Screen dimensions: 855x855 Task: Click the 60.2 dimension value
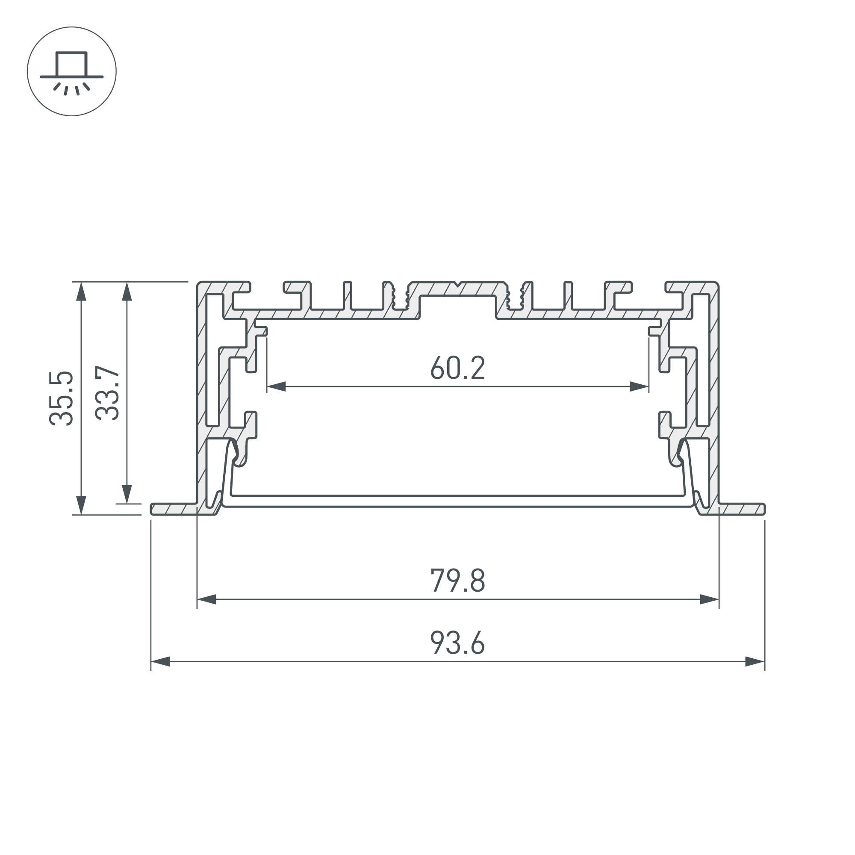click(x=457, y=368)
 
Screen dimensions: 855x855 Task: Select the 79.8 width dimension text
click(x=457, y=581)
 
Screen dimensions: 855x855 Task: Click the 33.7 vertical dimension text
click(x=108, y=393)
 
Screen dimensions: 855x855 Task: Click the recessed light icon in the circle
click(x=72, y=72)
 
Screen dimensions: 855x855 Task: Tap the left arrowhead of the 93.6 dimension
click(x=160, y=662)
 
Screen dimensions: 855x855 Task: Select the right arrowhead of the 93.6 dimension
click(x=755, y=662)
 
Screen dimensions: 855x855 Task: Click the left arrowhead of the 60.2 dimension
click(x=276, y=387)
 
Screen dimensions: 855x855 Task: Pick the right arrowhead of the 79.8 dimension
click(x=709, y=600)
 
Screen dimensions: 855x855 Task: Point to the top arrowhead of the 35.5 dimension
click(x=80, y=291)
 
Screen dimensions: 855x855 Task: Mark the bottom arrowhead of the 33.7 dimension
click(x=127, y=494)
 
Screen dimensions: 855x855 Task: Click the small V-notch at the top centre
click(x=457, y=283)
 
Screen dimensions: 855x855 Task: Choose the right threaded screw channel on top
click(x=515, y=297)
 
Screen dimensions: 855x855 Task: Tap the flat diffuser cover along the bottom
click(x=457, y=500)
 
